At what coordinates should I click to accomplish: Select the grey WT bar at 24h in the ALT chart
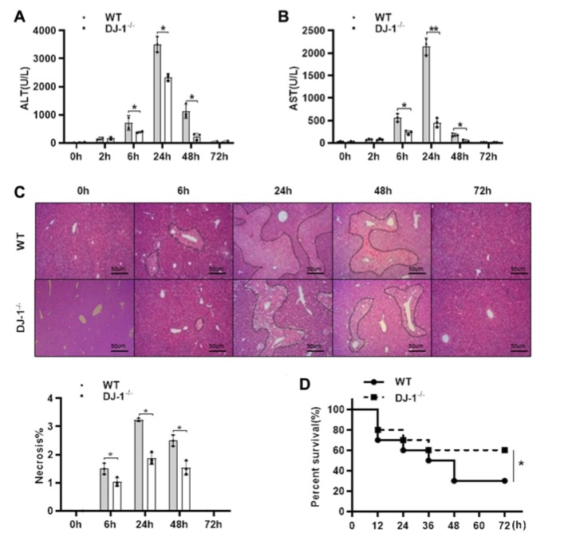(x=158, y=93)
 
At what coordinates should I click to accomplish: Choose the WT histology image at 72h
(x=480, y=239)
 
